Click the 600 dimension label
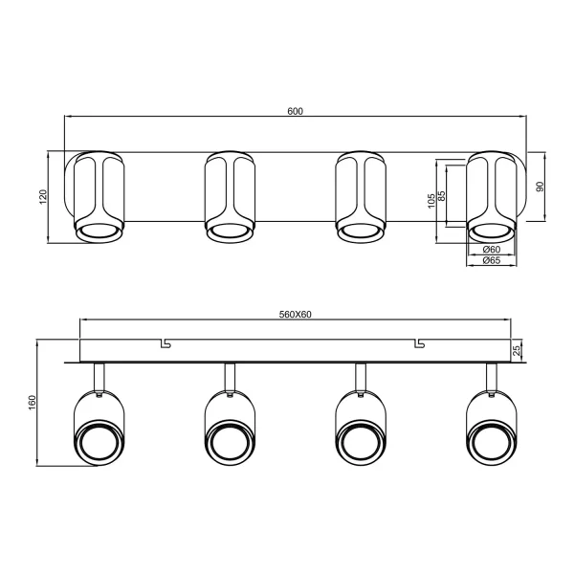(295, 112)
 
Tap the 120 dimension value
(42, 197)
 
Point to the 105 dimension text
(431, 200)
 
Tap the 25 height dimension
(518, 350)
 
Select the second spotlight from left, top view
(230, 196)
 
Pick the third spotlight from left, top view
(361, 196)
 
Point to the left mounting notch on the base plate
(165, 342)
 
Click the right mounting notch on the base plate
(418, 342)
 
